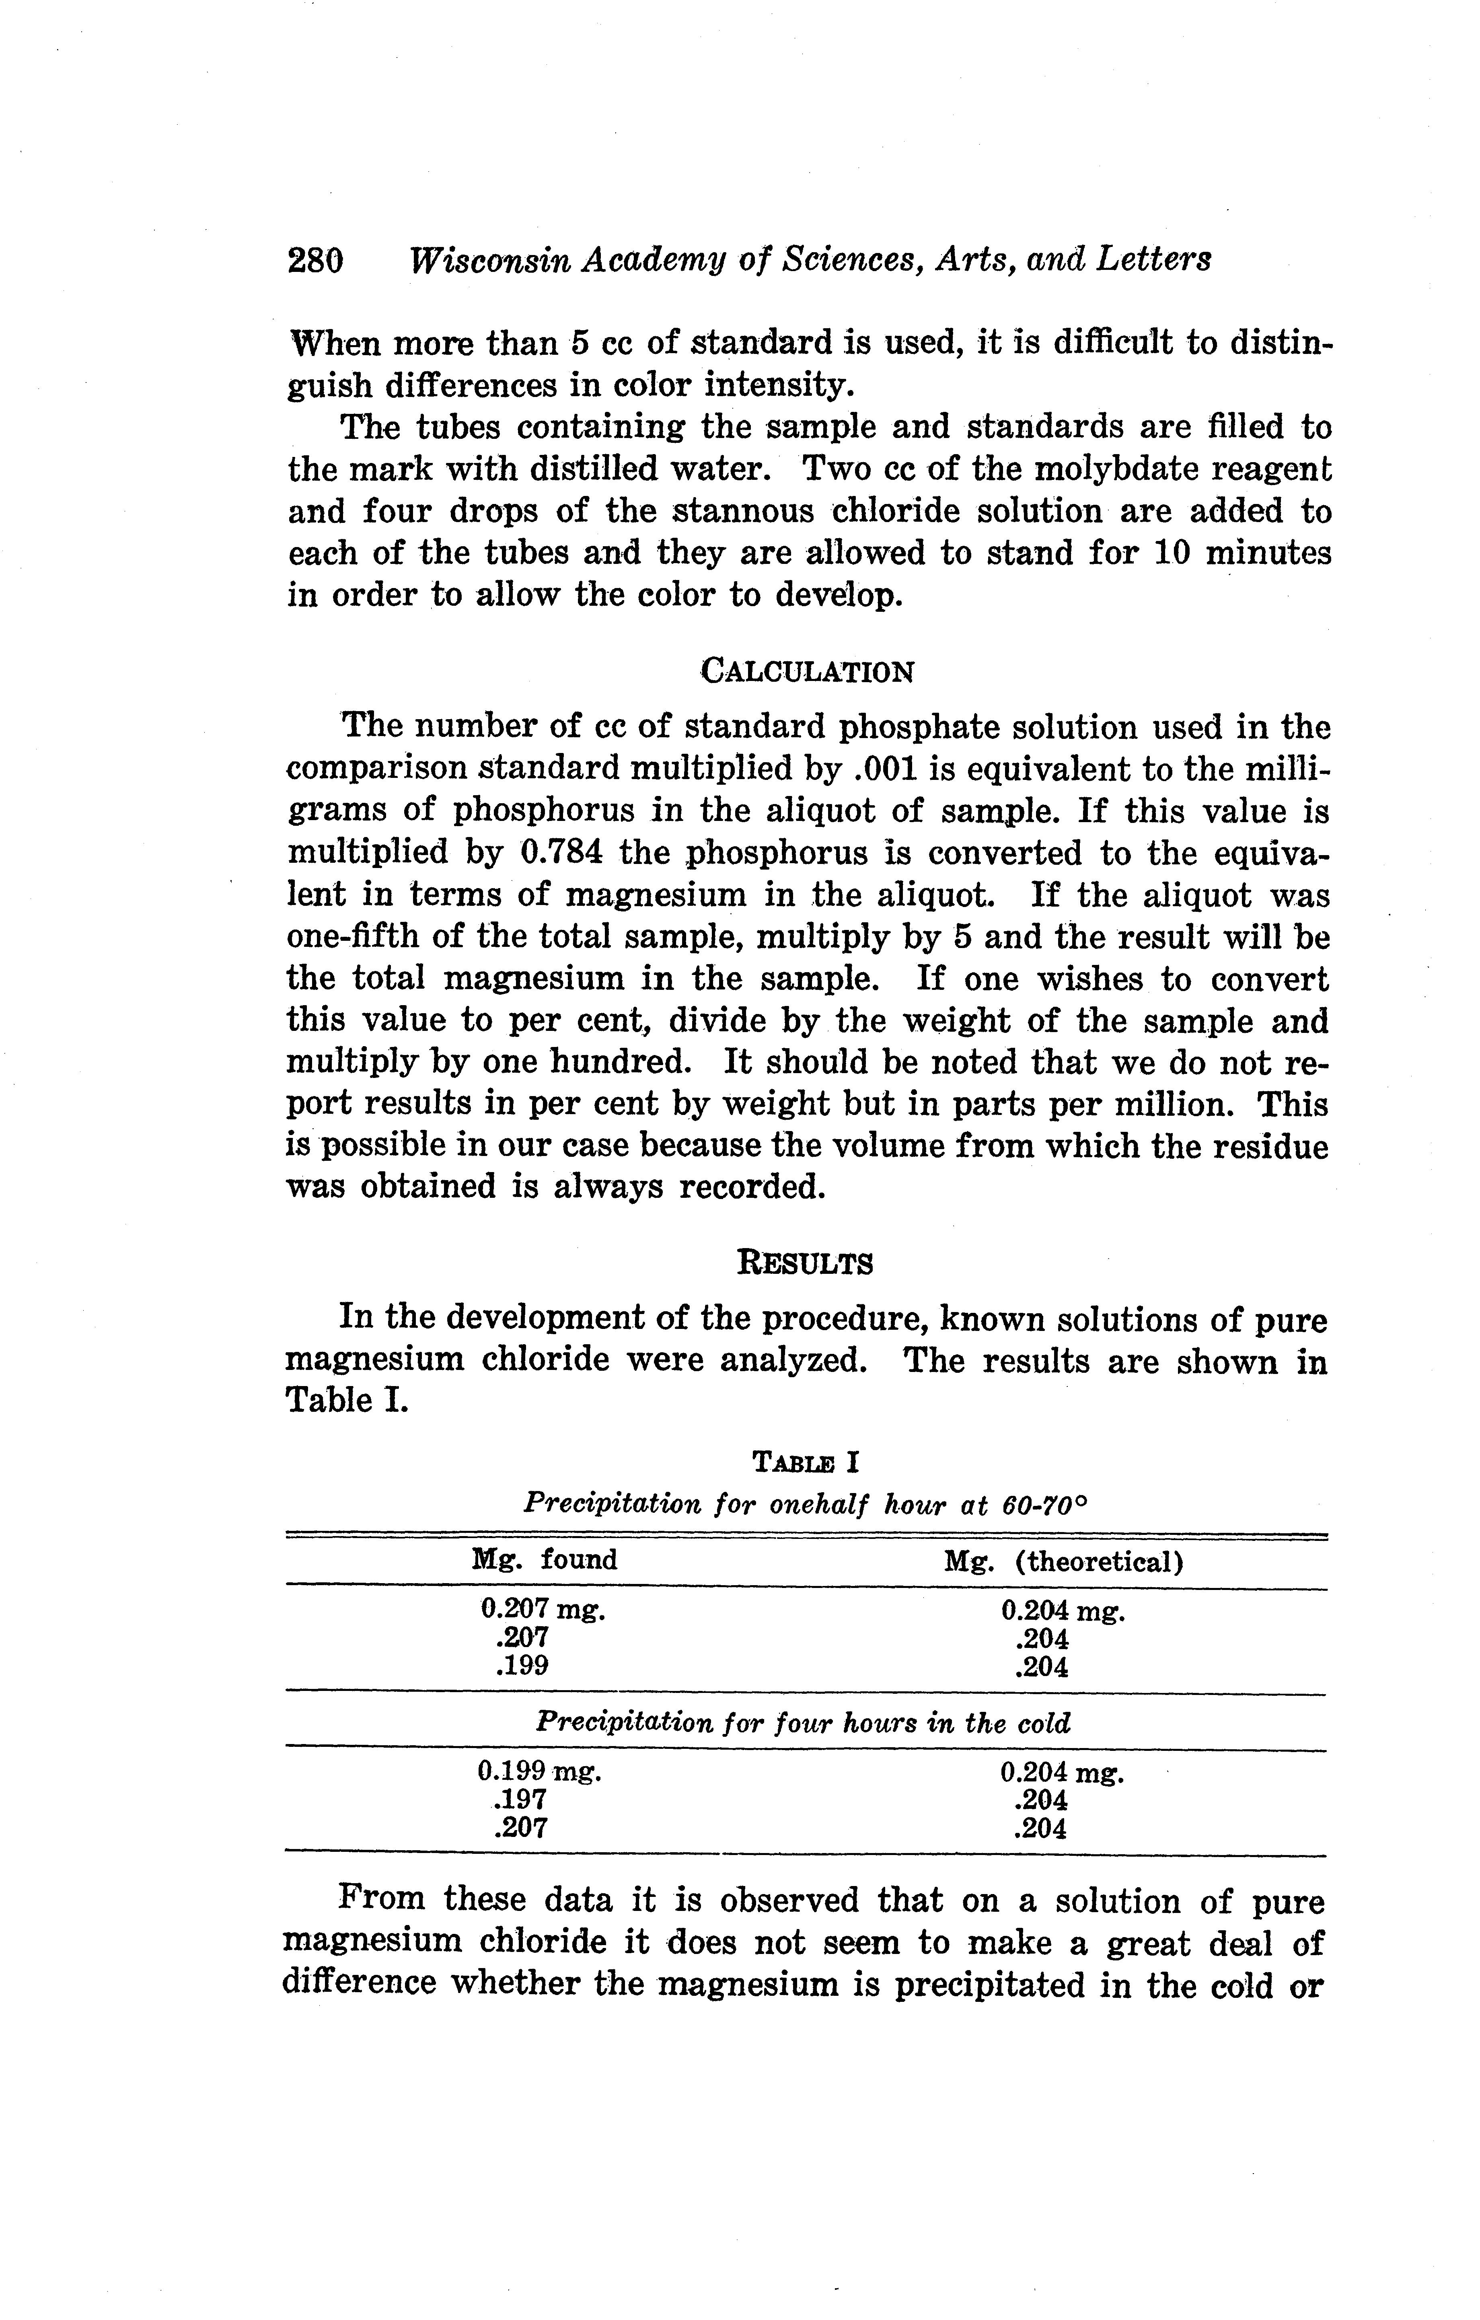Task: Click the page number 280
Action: (x=315, y=260)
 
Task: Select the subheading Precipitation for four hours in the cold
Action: (x=804, y=1723)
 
